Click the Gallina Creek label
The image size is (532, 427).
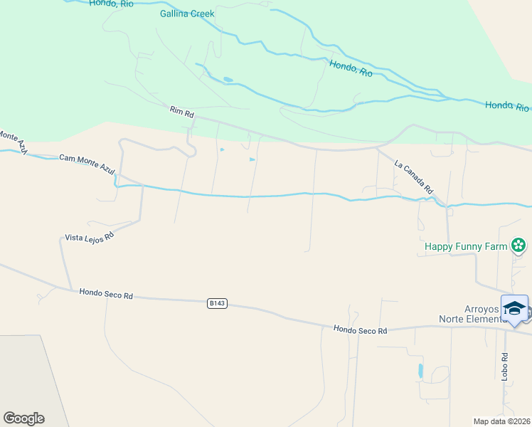pyautogui.click(x=187, y=14)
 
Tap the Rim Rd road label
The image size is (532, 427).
pyautogui.click(x=182, y=112)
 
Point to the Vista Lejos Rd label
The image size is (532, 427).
pyautogui.click(x=90, y=238)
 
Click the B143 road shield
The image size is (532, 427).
pyautogui.click(x=217, y=303)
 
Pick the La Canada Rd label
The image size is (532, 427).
pyautogui.click(x=414, y=178)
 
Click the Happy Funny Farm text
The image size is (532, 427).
pyautogui.click(x=465, y=247)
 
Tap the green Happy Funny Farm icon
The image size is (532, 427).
pyautogui.click(x=518, y=246)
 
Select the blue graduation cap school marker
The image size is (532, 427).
pyautogui.click(x=514, y=309)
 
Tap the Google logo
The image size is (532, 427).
pyautogui.click(x=23, y=418)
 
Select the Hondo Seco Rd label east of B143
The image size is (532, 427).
pyautogui.click(x=361, y=330)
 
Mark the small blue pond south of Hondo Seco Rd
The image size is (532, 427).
pyautogui.click(x=420, y=371)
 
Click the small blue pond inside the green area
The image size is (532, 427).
pyautogui.click(x=227, y=79)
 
